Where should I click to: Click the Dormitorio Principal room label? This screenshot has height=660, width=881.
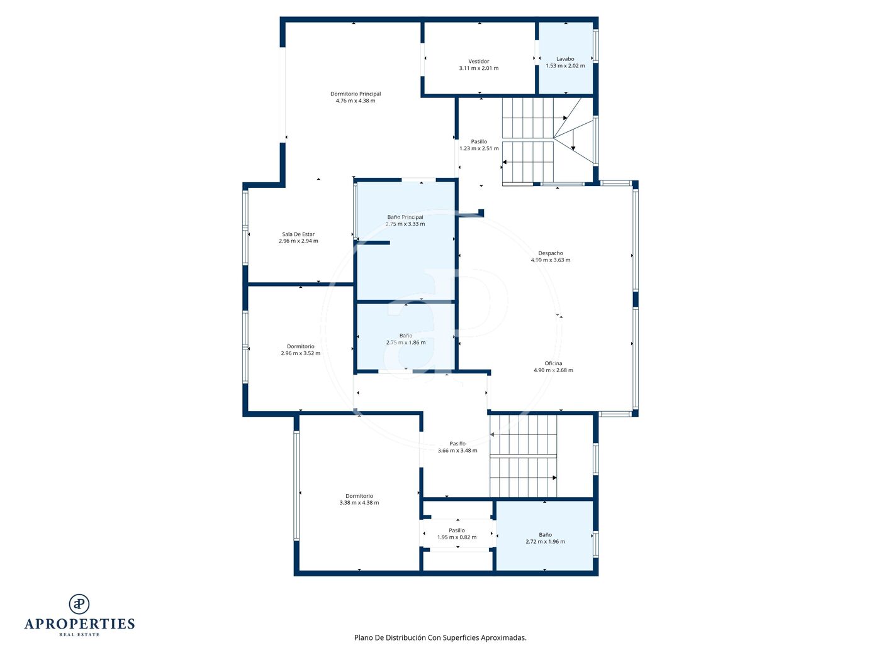click(x=355, y=94)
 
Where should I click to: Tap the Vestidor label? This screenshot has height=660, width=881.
click(x=478, y=62)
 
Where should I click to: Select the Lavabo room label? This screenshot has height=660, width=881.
click(x=564, y=59)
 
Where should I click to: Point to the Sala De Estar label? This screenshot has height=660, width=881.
click(x=298, y=234)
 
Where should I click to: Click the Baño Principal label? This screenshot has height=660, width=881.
click(x=405, y=217)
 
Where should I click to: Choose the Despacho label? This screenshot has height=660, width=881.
click(x=550, y=253)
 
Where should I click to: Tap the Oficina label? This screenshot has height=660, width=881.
click(x=553, y=363)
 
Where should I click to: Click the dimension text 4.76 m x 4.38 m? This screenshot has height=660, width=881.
click(x=355, y=101)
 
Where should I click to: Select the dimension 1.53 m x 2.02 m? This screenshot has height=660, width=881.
click(x=564, y=66)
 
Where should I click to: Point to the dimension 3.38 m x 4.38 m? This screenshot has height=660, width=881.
click(x=359, y=502)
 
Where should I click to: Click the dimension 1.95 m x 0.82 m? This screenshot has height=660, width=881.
click(x=457, y=537)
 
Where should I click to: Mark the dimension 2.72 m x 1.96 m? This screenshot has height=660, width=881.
click(x=545, y=541)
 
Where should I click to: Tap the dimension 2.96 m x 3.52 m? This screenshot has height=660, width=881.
click(x=300, y=353)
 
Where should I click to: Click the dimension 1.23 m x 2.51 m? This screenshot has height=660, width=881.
click(x=479, y=148)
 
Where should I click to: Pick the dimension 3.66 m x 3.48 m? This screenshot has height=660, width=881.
click(x=457, y=451)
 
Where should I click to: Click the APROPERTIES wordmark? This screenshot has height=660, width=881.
click(x=79, y=624)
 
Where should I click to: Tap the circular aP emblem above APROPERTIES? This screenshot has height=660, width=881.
click(x=79, y=604)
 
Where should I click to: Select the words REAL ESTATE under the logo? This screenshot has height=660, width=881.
click(x=79, y=635)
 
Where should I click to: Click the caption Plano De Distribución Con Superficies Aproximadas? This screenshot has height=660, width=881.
click(x=440, y=637)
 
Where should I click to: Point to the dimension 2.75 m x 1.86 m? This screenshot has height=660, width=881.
click(x=405, y=342)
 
